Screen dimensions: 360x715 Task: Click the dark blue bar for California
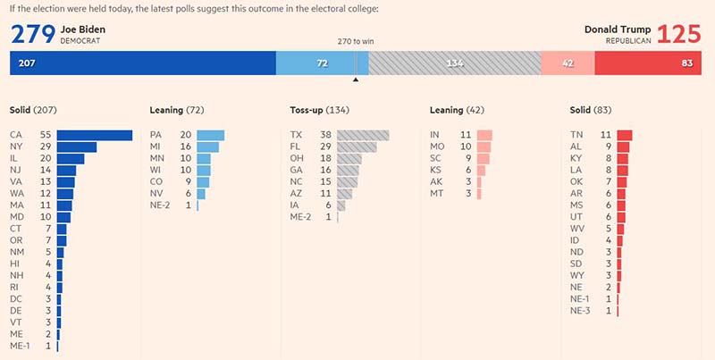coord(95,135)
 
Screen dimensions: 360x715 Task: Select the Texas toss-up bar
coord(363,135)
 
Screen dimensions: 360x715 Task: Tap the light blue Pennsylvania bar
coord(210,135)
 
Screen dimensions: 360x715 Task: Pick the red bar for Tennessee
coord(624,135)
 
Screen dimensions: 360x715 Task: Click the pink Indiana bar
coord(485,135)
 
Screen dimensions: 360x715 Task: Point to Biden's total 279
coord(32,34)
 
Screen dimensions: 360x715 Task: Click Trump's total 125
coord(681,34)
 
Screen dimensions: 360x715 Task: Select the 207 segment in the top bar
coord(143,63)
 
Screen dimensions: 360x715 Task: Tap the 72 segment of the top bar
coord(322,63)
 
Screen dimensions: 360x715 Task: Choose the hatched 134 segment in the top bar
coord(455,63)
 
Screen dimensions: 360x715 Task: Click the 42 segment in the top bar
coord(568,63)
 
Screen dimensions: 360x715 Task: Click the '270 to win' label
coord(356,42)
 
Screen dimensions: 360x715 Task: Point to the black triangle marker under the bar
coord(356,80)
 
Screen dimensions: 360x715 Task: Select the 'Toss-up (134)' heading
coord(318,110)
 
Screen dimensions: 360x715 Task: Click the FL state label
coord(297,147)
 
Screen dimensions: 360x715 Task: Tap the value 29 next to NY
coord(45,147)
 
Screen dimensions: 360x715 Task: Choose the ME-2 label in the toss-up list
coord(301,217)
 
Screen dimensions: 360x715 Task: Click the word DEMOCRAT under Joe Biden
coord(81,41)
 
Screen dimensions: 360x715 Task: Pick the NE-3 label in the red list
coord(580,310)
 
